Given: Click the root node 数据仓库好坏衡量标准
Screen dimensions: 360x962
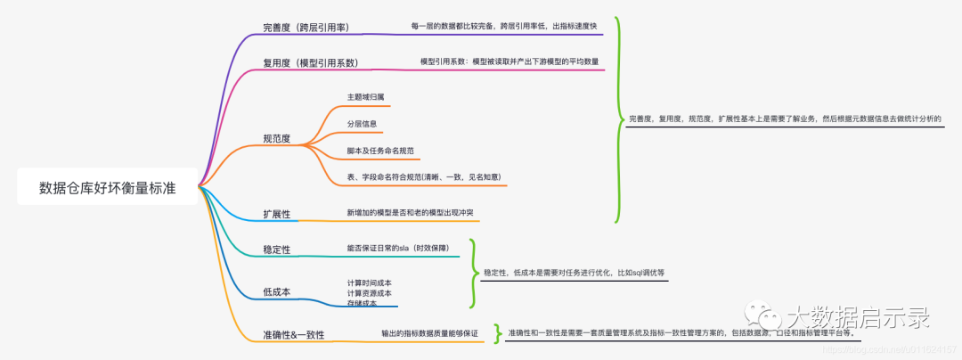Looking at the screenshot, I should tap(107, 188).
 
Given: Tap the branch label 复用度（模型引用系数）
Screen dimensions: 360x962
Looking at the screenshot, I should tap(309, 62).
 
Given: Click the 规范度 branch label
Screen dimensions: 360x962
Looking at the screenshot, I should tap(276, 139).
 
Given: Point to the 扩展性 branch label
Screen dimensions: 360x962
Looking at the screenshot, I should tap(276, 215).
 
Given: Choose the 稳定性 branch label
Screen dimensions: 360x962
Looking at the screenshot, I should tap(276, 250).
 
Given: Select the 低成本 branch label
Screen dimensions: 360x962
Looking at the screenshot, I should tap(276, 291).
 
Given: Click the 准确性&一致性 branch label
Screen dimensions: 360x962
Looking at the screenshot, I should tap(293, 334).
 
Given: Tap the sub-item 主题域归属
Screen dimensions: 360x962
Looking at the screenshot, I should tap(365, 96).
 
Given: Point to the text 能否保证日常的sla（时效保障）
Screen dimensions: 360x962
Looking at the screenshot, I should tap(397, 248).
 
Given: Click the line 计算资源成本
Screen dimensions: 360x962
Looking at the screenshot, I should tap(369, 293).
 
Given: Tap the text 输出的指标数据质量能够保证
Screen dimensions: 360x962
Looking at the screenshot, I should tap(429, 333).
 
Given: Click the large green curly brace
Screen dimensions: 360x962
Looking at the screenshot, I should tap(617, 119).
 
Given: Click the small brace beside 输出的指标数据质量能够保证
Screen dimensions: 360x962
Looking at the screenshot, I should tap(497, 333).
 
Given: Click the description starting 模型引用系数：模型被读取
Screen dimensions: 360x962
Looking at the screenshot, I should tap(510, 61).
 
